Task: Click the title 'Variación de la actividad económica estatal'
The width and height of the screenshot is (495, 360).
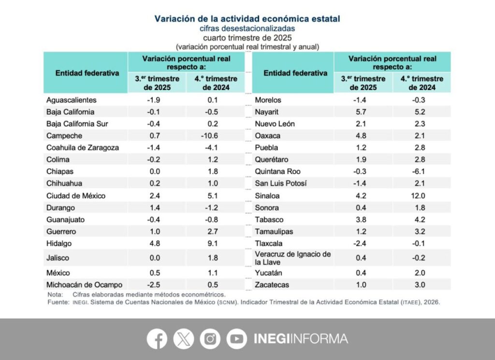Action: (247, 19)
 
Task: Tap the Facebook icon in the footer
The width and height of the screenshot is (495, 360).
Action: (157, 339)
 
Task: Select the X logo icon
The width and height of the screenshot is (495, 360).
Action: (183, 339)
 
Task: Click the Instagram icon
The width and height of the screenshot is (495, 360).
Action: (210, 339)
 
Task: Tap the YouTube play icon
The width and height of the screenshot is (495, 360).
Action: (236, 339)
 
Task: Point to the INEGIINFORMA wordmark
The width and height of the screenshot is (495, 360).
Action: (300, 339)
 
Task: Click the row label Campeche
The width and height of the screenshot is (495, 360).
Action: (64, 136)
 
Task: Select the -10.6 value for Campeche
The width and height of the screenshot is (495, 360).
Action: (215, 136)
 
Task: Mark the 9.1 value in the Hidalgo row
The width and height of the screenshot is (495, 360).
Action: (215, 243)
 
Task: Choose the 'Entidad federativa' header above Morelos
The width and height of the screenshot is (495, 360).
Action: (295, 73)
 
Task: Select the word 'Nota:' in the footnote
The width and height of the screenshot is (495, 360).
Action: (55, 294)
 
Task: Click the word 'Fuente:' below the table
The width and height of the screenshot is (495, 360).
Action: (58, 301)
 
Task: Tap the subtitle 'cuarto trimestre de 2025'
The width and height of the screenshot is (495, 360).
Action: (247, 37)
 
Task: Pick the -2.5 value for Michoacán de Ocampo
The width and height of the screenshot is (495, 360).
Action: (157, 285)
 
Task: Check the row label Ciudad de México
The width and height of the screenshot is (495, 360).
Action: (76, 196)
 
